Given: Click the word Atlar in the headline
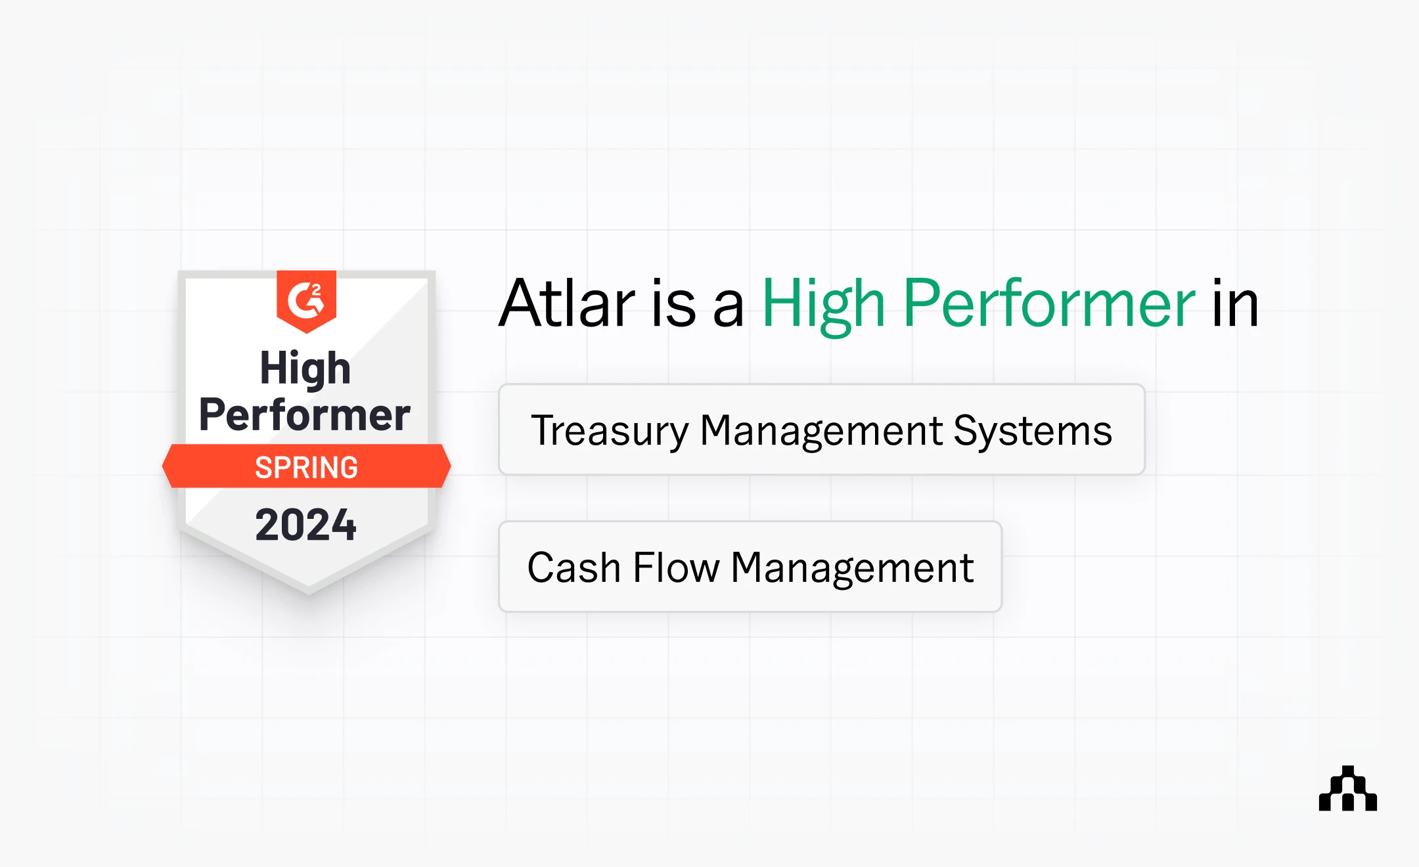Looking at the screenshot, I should pos(567,304).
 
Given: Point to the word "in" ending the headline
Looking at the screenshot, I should pos(1235,304).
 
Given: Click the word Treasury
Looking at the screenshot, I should pos(610,432).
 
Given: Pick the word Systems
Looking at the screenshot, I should pos(1033,432).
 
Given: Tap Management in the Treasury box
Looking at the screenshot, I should pos(821,432).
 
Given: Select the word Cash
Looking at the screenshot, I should pos(574,567).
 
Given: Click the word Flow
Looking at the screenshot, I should pos(676,567).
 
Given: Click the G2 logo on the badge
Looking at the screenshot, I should pos(306,300).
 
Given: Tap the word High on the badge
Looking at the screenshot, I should pos(305,368).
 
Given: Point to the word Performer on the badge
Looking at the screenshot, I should pos(305,415).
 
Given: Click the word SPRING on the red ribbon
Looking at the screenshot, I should pos(306,468).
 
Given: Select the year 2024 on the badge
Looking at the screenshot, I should pos(305,525).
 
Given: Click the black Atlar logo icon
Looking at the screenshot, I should pos(1347,789).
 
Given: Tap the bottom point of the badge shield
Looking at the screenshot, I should pos(309,590).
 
